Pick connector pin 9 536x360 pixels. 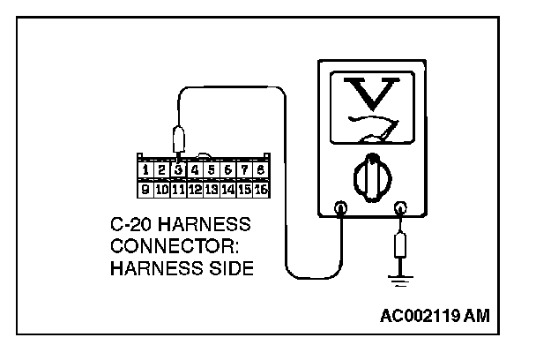click(146, 188)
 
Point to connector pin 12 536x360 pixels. click(195, 188)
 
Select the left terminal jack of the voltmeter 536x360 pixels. click(341, 209)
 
